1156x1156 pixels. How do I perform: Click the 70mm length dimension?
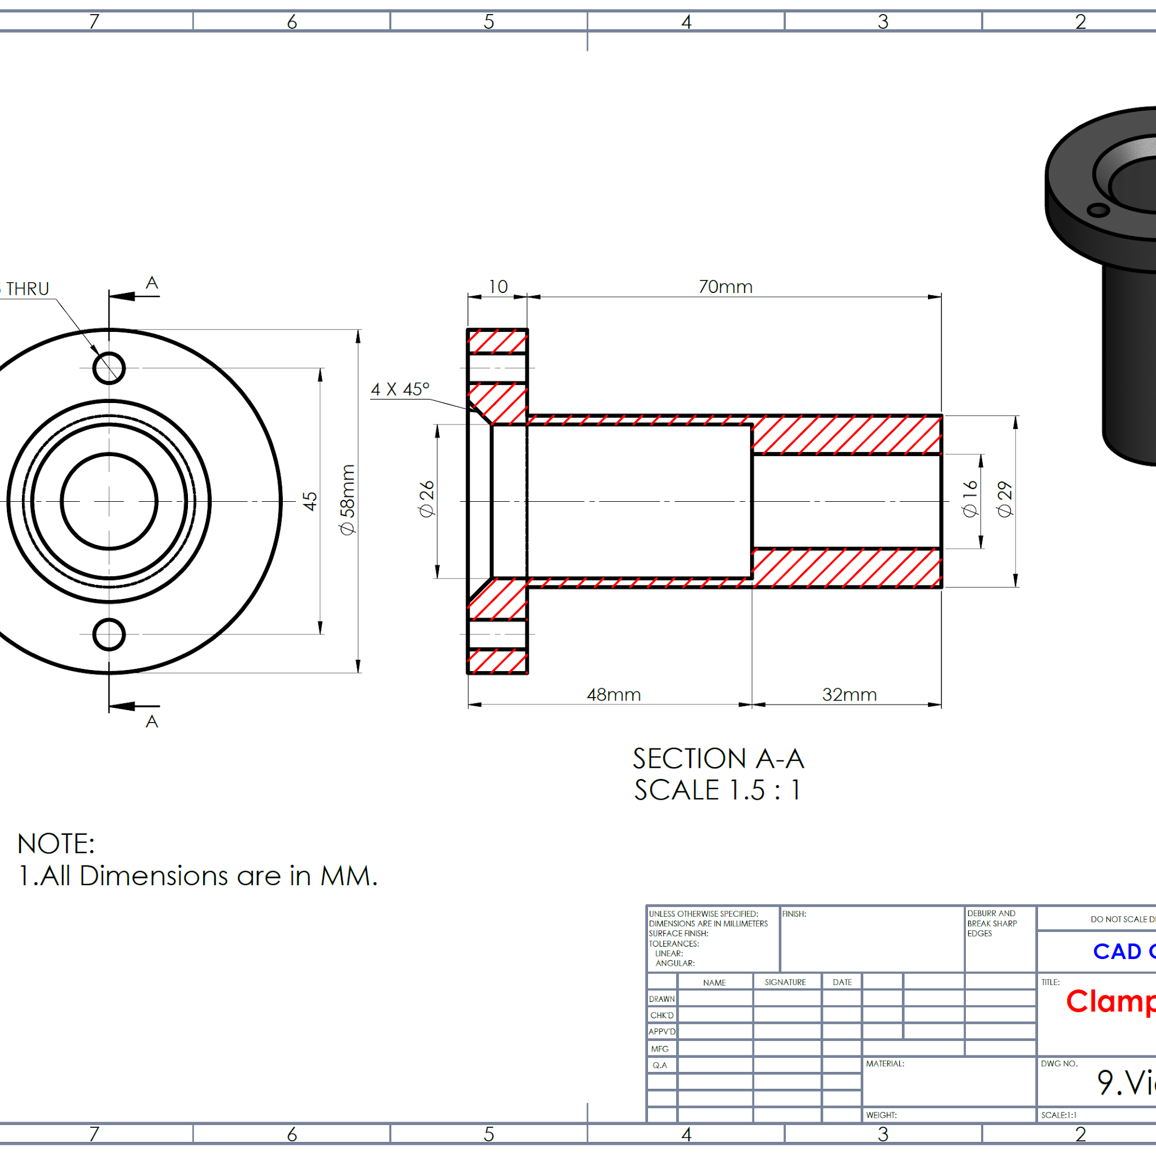pos(725,287)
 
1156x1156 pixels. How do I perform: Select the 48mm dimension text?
pos(614,695)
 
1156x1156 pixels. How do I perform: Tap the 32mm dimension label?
pos(849,695)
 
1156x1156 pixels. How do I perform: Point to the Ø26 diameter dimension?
pos(427,499)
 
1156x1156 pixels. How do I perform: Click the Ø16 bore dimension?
pos(970,499)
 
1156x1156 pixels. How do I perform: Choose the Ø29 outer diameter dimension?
pos(1005,499)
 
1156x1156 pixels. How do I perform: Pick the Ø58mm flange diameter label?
pos(348,500)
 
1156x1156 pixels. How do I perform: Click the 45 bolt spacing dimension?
pos(310,501)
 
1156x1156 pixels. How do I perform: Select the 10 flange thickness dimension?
pos(498,287)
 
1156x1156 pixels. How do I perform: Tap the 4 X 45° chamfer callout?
pos(400,389)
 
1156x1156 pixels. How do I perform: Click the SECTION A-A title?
pos(718,759)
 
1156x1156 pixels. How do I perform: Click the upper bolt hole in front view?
pos(109,368)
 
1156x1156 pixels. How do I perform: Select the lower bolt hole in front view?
pos(109,634)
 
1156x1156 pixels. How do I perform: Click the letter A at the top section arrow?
pos(152,282)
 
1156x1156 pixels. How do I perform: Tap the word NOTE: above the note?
pos(56,844)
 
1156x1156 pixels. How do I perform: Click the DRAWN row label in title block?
pos(662,999)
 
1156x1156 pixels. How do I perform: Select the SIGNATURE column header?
pos(785,983)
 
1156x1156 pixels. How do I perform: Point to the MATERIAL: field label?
pos(885,1063)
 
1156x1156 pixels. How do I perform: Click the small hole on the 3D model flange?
pos(1098,210)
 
